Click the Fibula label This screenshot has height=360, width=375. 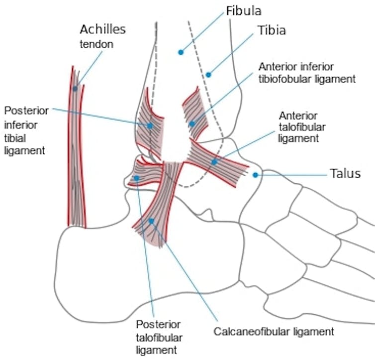point(243,10)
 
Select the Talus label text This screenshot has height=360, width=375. point(345,174)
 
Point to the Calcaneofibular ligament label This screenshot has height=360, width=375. point(273,331)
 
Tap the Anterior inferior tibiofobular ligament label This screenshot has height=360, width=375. point(307,73)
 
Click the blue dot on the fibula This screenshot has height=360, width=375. point(181,51)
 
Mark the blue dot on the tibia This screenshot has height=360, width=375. point(208,75)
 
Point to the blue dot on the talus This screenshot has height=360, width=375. point(255,175)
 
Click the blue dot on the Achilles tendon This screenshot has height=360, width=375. point(75,89)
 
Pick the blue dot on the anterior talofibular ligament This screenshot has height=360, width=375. point(214,162)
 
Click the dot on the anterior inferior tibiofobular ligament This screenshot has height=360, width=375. point(192,124)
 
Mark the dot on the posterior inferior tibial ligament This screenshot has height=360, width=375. point(150,125)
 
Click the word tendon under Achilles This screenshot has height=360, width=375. point(96,44)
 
